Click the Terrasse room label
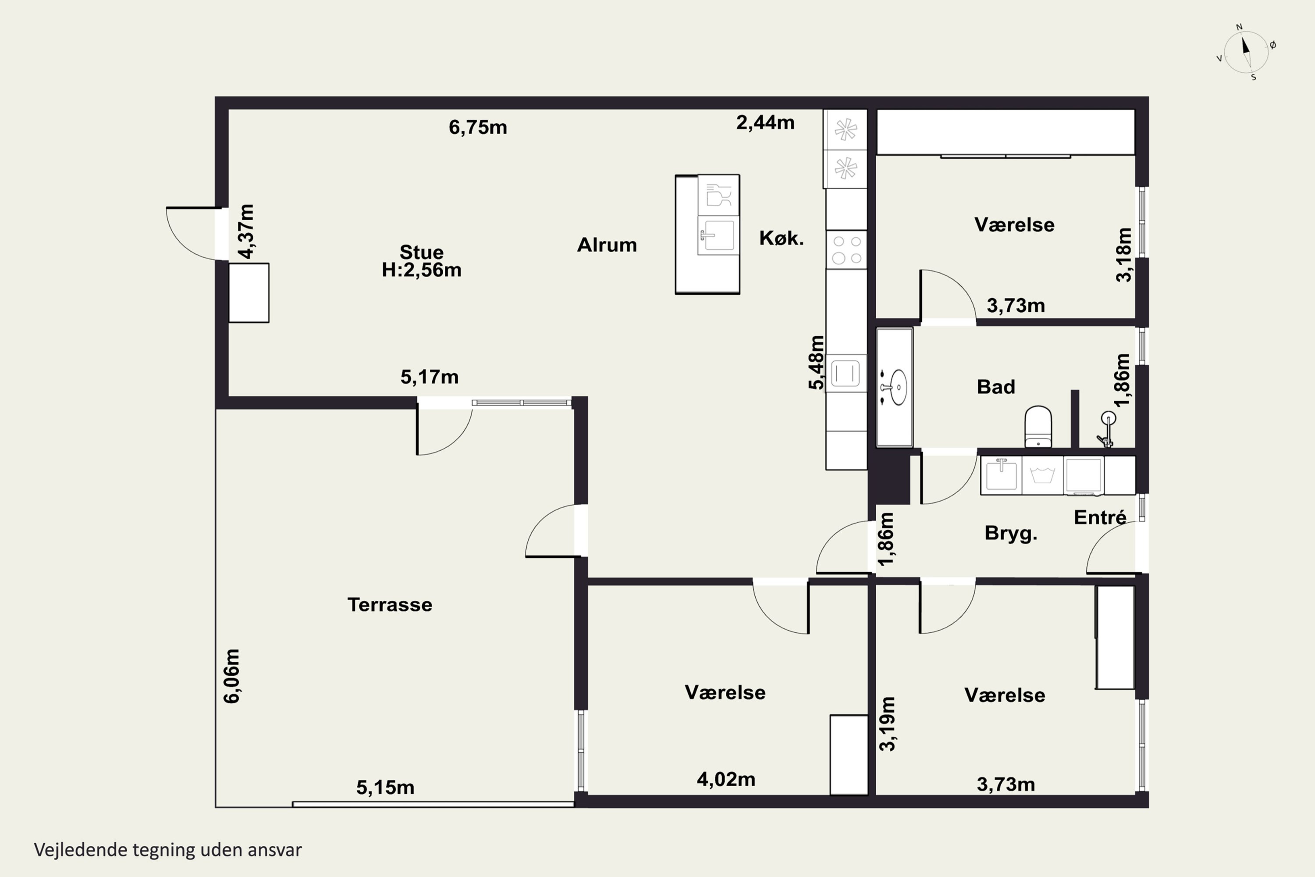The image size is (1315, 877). [x=390, y=605]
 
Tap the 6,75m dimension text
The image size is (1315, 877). [x=478, y=128]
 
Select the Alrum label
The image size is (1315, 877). [x=607, y=245]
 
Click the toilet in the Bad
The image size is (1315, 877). [x=1038, y=426]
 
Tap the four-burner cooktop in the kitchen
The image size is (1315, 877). [x=846, y=250]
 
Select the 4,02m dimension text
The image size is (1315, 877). [x=726, y=779]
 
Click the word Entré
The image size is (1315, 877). [x=1100, y=517]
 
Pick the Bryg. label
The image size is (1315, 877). [x=1011, y=534]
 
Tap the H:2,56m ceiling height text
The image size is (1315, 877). [x=422, y=270]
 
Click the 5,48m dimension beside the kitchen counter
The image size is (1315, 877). [x=816, y=363]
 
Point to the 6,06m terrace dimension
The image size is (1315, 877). [x=231, y=676]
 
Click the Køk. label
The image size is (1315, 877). [x=781, y=238]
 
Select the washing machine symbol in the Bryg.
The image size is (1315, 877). [x=1042, y=475]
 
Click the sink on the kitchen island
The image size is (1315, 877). [x=718, y=235]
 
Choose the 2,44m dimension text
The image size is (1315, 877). [x=765, y=122]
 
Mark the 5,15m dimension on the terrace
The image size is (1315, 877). [x=385, y=788]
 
